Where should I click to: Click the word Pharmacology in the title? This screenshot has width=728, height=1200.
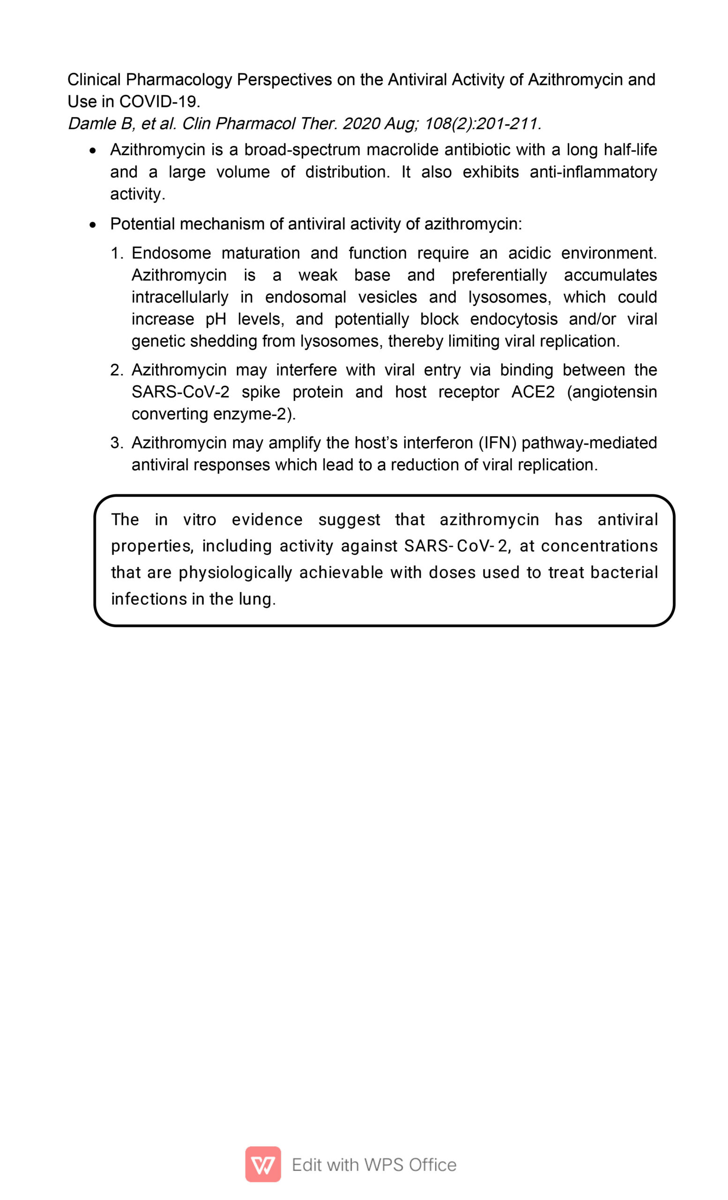click(x=178, y=79)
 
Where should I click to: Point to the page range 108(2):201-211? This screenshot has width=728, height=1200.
click(x=482, y=124)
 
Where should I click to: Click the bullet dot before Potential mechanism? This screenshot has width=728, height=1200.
click(x=93, y=225)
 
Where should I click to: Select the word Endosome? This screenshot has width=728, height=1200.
click(x=171, y=253)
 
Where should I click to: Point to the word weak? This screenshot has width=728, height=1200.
click(x=318, y=275)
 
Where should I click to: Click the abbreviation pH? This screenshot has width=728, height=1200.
click(x=215, y=320)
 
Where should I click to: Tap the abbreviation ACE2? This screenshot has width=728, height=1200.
click(x=533, y=392)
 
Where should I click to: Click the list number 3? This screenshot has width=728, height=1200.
click(x=116, y=442)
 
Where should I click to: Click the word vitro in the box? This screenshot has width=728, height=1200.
click(x=200, y=520)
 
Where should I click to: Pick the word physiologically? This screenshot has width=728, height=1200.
click(x=235, y=572)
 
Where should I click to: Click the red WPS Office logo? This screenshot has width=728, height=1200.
click(x=263, y=1164)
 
